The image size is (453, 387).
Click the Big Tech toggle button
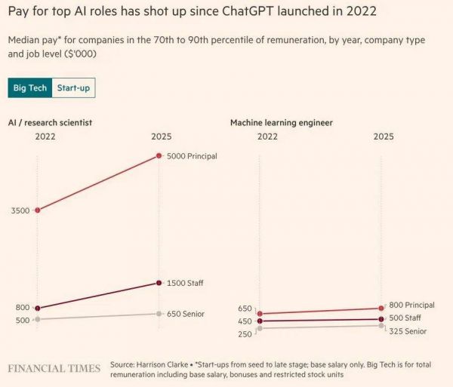click(x=30, y=88)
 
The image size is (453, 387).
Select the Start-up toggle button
click(x=74, y=88)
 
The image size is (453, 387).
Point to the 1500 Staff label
click(x=185, y=283)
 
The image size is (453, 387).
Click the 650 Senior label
click(x=185, y=314)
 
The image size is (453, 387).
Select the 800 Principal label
click(x=411, y=305)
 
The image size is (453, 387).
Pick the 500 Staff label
click(x=405, y=318)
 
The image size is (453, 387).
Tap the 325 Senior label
click(x=408, y=331)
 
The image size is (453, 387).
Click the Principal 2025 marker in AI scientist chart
click(x=159, y=156)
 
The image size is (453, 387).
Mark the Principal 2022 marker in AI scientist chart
click(x=38, y=210)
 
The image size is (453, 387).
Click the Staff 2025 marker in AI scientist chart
click(x=159, y=283)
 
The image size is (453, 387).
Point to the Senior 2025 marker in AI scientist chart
click(x=159, y=314)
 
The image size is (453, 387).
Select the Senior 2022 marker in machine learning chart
click(x=260, y=328)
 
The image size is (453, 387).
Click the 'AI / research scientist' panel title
click(x=50, y=122)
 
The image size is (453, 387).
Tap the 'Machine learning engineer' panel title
click(x=281, y=122)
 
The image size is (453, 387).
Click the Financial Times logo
click(x=54, y=368)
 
